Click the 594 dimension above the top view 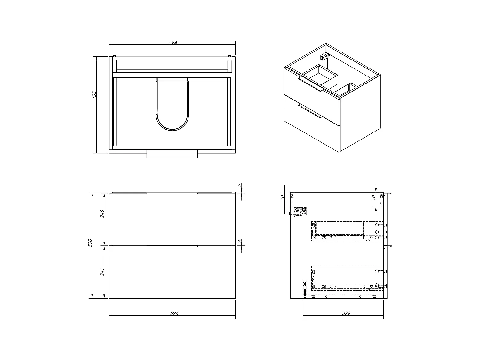click(x=172, y=43)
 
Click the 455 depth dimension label click(x=94, y=95)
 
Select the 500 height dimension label click(x=90, y=243)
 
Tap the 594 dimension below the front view click(x=174, y=313)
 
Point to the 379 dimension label click(x=346, y=313)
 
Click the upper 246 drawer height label click(x=102, y=214)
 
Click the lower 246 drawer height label click(x=102, y=272)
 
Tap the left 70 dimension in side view click(x=283, y=198)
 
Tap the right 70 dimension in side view click(x=374, y=198)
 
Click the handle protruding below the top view click(x=172, y=154)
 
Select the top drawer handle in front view click(x=172, y=193)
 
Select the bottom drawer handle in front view click(x=172, y=246)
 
